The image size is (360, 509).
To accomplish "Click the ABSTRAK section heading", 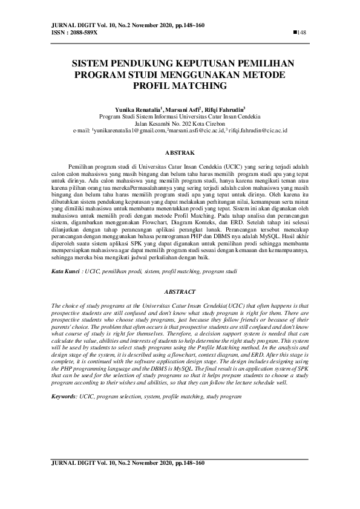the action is pos(179,154).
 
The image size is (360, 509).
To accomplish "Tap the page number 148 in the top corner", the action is pos(303,32).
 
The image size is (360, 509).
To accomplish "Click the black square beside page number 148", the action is pos(295,32).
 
